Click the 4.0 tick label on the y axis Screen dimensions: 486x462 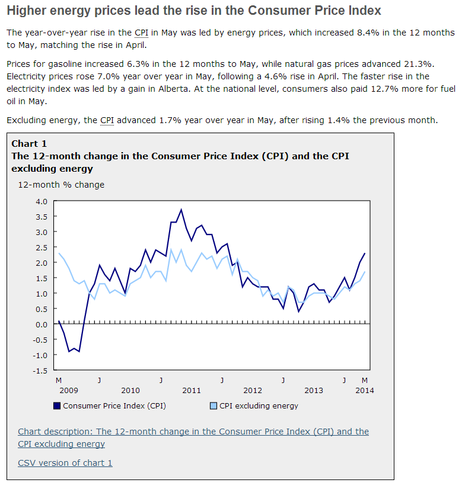42,201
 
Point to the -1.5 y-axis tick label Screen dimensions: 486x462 40,371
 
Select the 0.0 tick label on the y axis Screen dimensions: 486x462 42,324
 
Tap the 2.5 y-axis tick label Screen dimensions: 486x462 42,247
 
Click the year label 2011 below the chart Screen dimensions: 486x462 192,390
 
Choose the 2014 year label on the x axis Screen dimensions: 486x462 365,390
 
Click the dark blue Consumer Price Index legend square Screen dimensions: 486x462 57,406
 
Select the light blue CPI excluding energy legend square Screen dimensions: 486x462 214,406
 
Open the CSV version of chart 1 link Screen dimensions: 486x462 65,463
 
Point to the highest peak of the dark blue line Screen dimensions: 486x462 181,210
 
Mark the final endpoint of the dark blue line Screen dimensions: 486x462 365,253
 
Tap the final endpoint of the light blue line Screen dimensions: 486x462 365,272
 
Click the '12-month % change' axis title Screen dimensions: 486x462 60,185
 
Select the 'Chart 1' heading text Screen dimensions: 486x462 29,144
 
